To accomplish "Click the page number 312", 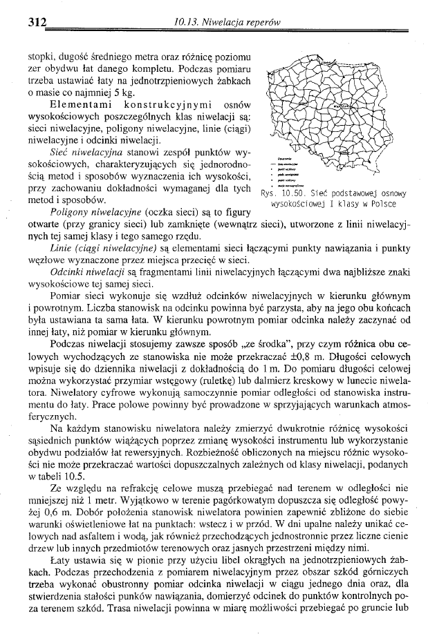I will coord(36,21).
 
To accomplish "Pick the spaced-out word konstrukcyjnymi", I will coord(163,104).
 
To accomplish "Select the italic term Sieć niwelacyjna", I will coord(91,149).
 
